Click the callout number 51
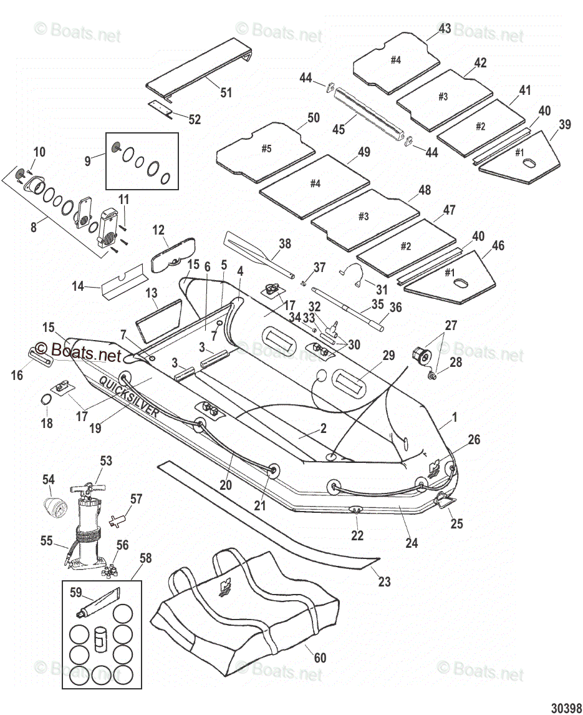[x=226, y=93]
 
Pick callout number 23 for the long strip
[x=385, y=581]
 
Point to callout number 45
[x=339, y=130]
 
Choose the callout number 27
[x=451, y=325]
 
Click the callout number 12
[x=158, y=230]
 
